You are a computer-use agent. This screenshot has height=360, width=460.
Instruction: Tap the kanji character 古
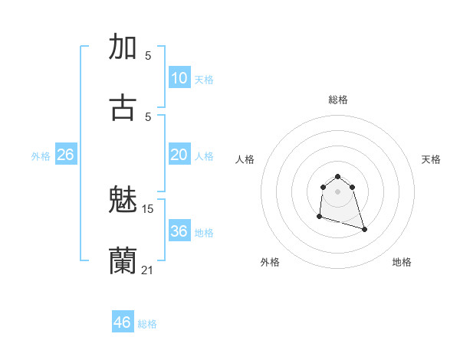(x=123, y=106)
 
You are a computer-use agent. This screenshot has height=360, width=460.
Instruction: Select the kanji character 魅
(x=123, y=200)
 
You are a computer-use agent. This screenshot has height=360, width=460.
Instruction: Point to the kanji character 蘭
(x=123, y=260)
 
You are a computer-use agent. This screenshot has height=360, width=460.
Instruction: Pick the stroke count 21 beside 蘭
(x=148, y=270)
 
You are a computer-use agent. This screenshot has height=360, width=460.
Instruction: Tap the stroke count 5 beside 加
(x=148, y=56)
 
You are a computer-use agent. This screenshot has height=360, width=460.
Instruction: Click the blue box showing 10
(x=179, y=78)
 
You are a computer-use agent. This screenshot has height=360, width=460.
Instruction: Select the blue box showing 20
(x=179, y=155)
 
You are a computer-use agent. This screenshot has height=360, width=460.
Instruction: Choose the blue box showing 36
(x=179, y=231)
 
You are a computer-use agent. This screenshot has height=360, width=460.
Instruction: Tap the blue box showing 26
(x=66, y=155)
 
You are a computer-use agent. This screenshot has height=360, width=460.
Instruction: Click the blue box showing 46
(x=123, y=322)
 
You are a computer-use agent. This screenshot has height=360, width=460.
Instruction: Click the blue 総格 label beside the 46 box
(x=147, y=324)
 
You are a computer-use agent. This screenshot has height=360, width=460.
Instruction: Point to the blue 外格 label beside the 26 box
(x=41, y=156)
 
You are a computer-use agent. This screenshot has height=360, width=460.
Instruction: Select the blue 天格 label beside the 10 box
(x=204, y=80)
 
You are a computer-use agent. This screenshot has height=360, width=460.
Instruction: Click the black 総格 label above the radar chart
(x=338, y=100)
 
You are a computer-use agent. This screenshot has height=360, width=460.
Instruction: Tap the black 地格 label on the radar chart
(x=402, y=263)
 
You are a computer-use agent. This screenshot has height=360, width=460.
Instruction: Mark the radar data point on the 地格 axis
(x=364, y=229)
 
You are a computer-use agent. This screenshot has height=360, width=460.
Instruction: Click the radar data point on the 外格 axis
(x=319, y=217)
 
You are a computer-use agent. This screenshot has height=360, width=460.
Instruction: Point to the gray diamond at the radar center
(x=338, y=191)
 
